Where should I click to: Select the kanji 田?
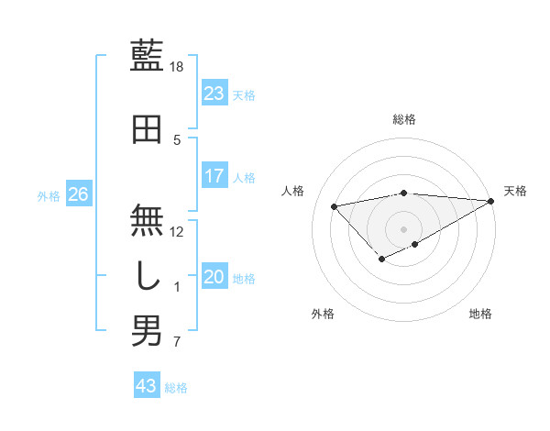click(x=147, y=129)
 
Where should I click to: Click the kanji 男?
click(x=147, y=331)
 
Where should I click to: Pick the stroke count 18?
click(x=177, y=67)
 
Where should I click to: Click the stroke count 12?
click(x=177, y=232)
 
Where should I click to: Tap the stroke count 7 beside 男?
click(x=177, y=343)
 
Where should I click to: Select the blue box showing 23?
click(x=214, y=94)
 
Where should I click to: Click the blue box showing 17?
click(x=214, y=176)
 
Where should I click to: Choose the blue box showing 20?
click(x=214, y=278)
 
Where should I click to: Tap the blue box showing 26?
click(x=79, y=194)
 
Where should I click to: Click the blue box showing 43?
click(x=147, y=386)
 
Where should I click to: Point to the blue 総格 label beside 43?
click(x=176, y=388)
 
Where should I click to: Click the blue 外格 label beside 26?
click(x=49, y=195)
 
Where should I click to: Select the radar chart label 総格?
click(x=403, y=119)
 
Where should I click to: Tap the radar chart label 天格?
click(x=515, y=191)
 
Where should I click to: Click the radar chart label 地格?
click(x=480, y=314)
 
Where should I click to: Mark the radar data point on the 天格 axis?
click(x=492, y=201)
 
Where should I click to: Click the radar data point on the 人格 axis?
click(x=335, y=205)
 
